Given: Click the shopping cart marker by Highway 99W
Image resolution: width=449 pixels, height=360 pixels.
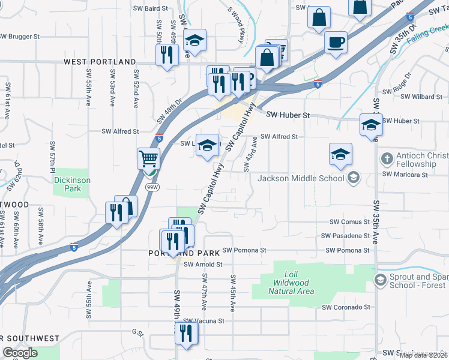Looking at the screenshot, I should coord(148,159).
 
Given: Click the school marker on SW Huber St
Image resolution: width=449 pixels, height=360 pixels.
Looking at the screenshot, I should coord(371,125).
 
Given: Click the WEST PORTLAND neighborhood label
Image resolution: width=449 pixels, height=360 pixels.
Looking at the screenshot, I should coord(100,62).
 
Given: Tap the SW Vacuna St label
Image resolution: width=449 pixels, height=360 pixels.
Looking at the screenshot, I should coord(204,321).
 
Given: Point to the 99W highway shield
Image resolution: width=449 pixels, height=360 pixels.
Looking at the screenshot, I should coord(152,188).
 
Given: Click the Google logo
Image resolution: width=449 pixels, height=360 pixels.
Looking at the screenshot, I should coord(20,353).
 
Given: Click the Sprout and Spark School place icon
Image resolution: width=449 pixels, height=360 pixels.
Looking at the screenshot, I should coord(379,280).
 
